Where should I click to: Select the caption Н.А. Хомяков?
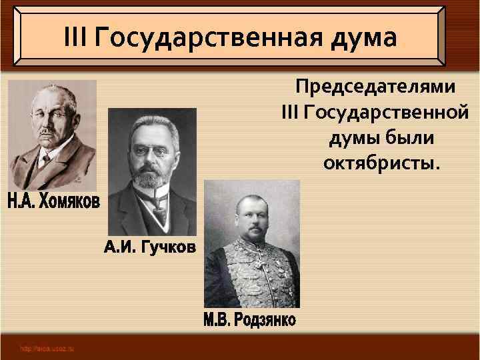[x=53, y=201]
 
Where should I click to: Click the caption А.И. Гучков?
[x=150, y=249]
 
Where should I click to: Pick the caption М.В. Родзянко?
[x=250, y=321]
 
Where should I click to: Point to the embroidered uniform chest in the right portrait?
[x=251, y=273]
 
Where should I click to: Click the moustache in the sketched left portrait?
[x=47, y=134]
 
